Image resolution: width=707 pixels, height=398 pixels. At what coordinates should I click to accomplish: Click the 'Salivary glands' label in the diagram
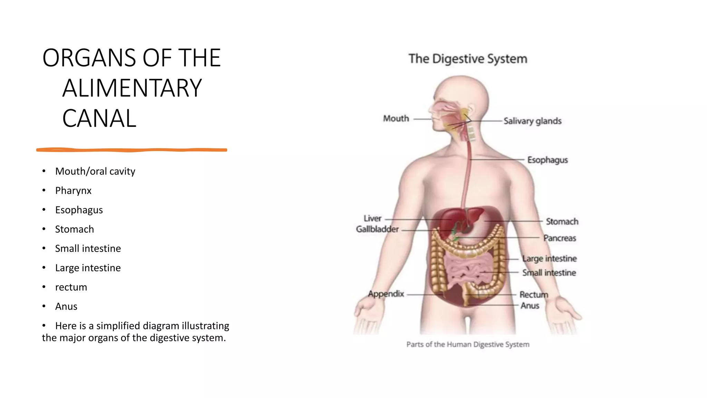click(x=532, y=121)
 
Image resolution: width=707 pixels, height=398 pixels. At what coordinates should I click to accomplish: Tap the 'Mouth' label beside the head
click(x=396, y=119)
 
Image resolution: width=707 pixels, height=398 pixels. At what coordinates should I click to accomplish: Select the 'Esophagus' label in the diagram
click(x=548, y=160)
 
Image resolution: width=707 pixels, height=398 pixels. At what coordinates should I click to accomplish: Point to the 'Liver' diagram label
click(x=372, y=218)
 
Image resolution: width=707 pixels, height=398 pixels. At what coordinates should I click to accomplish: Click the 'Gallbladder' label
click(x=377, y=229)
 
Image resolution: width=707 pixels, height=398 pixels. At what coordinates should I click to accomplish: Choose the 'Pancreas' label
click(x=560, y=238)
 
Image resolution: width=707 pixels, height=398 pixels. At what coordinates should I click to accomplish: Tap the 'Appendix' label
click(x=386, y=294)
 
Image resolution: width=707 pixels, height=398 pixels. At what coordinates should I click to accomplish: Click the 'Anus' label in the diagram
click(x=530, y=306)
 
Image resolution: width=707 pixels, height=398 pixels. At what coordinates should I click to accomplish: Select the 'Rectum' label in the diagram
click(x=534, y=295)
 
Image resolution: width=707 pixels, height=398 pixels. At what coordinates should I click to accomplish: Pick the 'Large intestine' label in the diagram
click(x=549, y=258)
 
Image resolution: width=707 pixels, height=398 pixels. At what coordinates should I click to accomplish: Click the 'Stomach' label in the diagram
click(x=562, y=221)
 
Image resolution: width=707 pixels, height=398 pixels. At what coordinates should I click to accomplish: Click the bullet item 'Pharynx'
click(x=73, y=191)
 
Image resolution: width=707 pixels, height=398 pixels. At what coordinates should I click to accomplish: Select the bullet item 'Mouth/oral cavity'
click(x=95, y=171)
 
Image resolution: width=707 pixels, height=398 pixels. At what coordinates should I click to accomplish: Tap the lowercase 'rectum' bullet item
click(x=71, y=287)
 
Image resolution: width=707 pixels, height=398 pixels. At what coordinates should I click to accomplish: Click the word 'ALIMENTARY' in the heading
click(x=132, y=88)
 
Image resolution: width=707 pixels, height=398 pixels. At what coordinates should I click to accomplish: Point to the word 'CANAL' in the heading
click(x=99, y=119)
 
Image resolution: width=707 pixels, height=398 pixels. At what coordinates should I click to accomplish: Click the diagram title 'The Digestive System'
click(x=468, y=59)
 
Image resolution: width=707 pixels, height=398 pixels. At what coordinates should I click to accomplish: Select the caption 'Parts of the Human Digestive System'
click(x=468, y=344)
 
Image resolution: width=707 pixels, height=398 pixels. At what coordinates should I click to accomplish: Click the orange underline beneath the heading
click(x=132, y=150)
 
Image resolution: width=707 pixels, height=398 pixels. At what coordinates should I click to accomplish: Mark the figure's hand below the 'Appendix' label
click(x=368, y=313)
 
